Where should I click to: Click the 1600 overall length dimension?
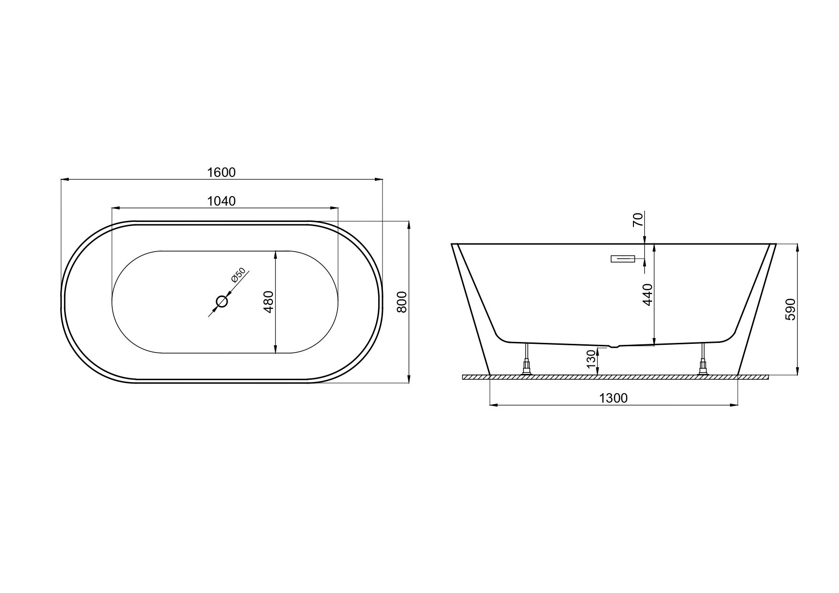222,172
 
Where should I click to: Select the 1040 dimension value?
222,201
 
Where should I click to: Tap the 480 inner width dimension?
268,302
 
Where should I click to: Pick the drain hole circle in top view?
222,302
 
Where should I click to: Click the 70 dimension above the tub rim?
638,220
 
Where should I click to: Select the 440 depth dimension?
648,295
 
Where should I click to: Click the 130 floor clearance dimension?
591,359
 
